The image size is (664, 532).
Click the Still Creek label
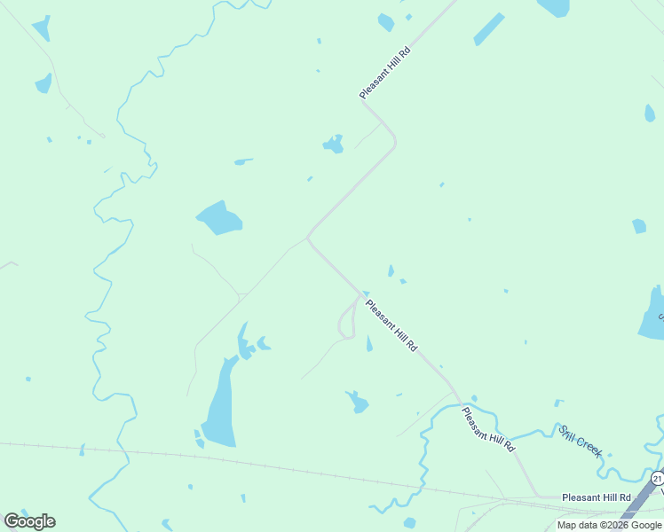point(581,441)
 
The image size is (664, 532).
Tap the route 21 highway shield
point(657,478)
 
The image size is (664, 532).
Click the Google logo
point(29,521)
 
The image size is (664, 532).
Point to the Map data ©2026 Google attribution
point(609,525)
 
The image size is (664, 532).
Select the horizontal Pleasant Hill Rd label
point(596,498)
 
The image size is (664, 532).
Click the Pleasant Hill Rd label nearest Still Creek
point(487,429)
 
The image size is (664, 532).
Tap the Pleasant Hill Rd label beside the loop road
point(391,325)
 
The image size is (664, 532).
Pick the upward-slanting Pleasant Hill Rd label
point(386,72)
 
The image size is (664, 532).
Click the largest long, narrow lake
point(220,403)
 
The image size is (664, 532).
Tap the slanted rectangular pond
point(488,29)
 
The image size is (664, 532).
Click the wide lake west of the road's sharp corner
point(219,217)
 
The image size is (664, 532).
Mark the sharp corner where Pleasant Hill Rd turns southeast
point(308,238)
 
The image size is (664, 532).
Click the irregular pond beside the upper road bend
point(334,145)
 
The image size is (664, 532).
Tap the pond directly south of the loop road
point(357,402)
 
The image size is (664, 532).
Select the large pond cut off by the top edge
point(554,7)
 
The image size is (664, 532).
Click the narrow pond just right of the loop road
point(369,344)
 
